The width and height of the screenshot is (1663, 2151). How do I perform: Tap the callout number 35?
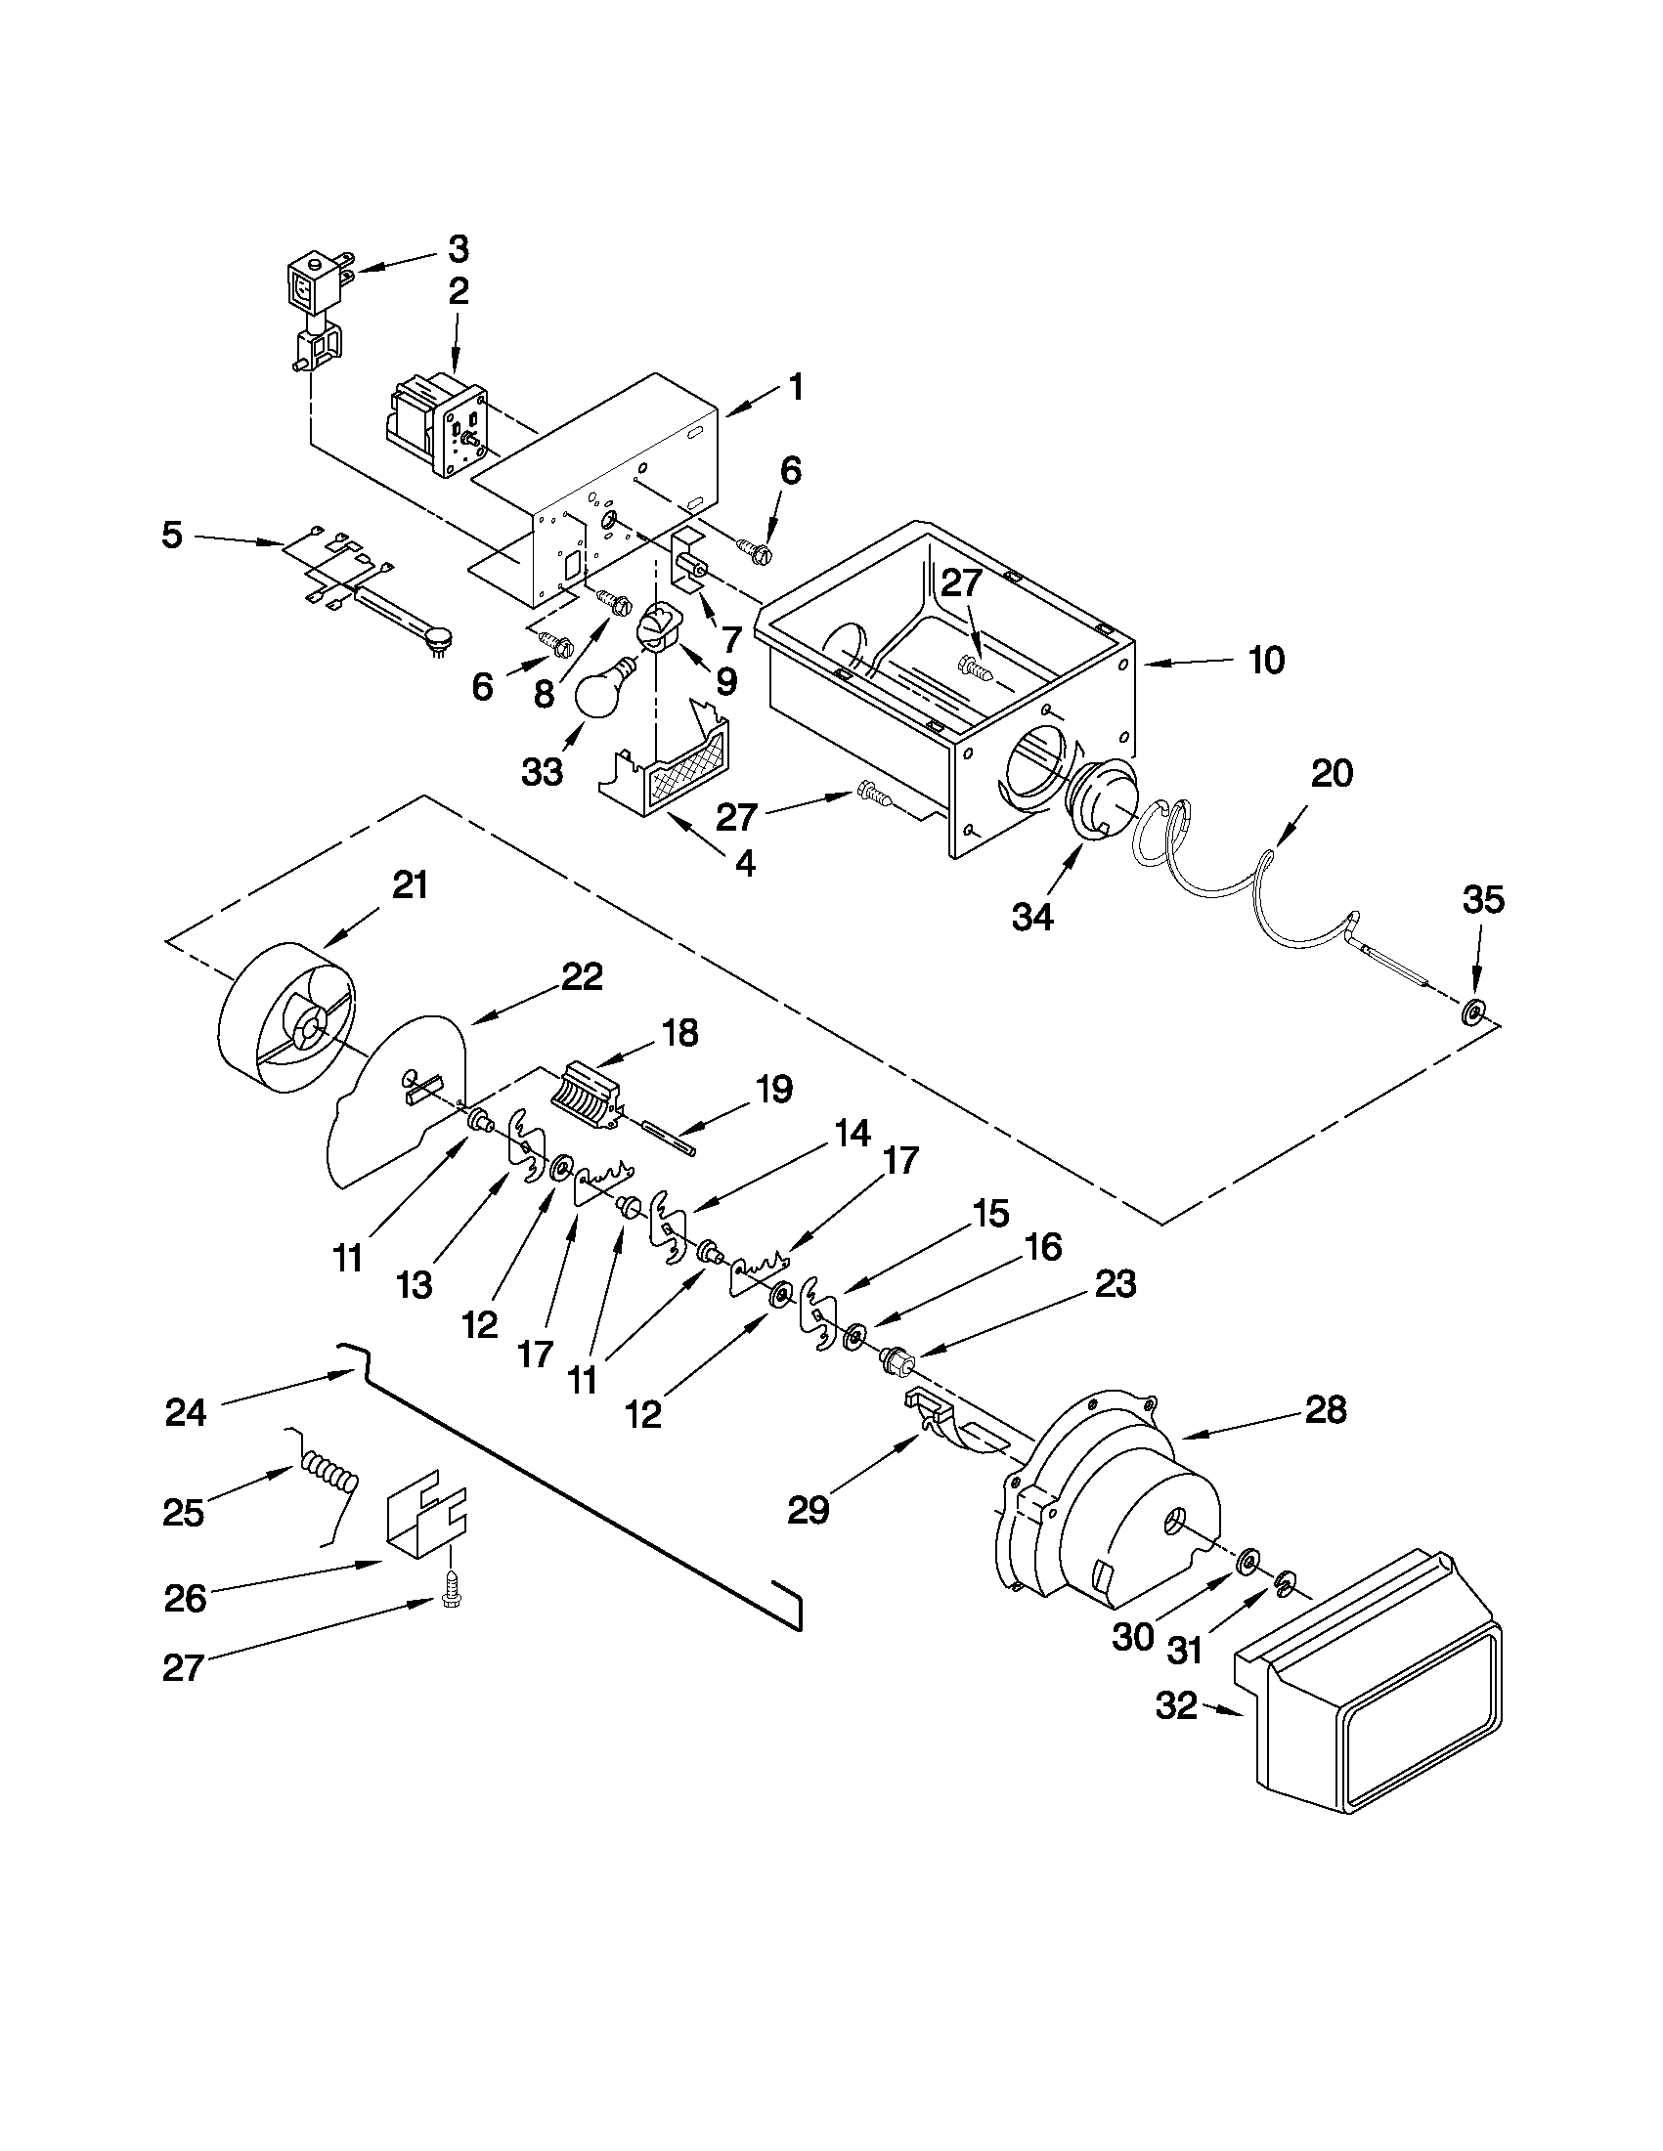[1484, 900]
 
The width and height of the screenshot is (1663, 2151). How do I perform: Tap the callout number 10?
[1267, 661]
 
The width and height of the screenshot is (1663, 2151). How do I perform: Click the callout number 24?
[185, 1412]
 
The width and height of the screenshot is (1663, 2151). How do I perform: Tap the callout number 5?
[173, 537]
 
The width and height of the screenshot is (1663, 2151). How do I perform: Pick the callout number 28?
[1326, 1410]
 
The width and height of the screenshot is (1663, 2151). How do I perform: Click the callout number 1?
[796, 387]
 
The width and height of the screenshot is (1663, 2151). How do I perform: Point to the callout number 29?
[809, 1510]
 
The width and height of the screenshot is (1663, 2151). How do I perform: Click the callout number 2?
[460, 291]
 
